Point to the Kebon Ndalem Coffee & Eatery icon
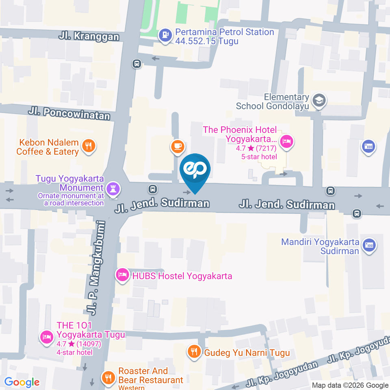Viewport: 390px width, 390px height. (x=88, y=146)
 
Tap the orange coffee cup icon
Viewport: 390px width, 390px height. (x=177, y=146)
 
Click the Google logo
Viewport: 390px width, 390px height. (x=22, y=382)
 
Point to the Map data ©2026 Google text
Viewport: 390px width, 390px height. (x=350, y=385)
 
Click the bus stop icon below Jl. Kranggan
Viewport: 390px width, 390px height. (x=137, y=63)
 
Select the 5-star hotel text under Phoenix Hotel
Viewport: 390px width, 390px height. (x=259, y=157)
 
